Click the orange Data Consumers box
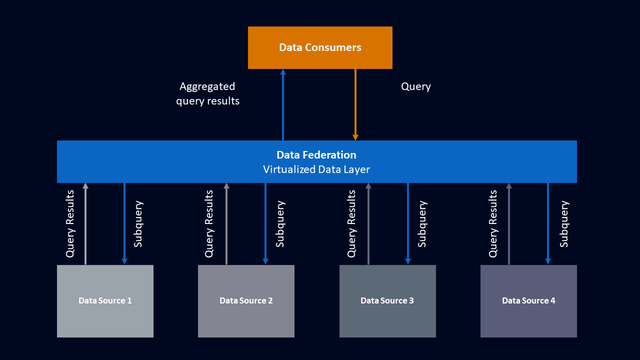(x=320, y=47)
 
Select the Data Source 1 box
(x=105, y=300)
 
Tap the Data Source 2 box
(x=246, y=300)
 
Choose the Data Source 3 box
(x=387, y=300)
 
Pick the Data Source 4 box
(x=528, y=300)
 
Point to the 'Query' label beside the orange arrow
(x=415, y=87)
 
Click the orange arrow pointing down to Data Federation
(x=355, y=105)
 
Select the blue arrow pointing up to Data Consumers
(x=283, y=105)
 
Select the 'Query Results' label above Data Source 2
(x=210, y=224)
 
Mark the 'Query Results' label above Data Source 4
(x=493, y=224)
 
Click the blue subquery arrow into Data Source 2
(x=265, y=224)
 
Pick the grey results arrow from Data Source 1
(x=86, y=224)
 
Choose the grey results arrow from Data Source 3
(x=369, y=224)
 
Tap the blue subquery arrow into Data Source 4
(x=548, y=224)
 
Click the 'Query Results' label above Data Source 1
(x=70, y=224)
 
